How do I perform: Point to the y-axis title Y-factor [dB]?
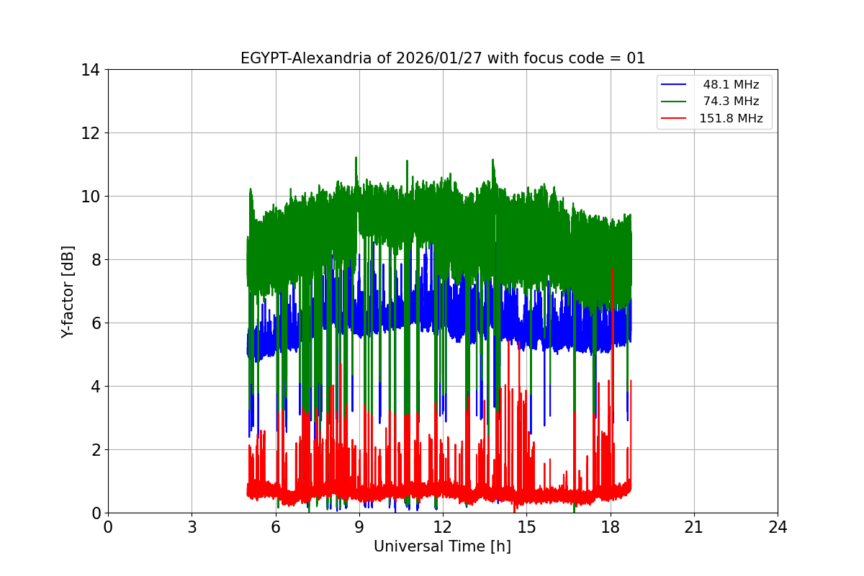[x=68, y=291]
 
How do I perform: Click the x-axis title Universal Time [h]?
[x=442, y=546]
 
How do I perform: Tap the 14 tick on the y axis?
[x=90, y=70]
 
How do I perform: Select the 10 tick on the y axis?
[x=90, y=197]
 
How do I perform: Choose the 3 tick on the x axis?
[x=192, y=528]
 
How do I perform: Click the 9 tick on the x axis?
[x=359, y=528]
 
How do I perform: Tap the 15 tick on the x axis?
[x=526, y=528]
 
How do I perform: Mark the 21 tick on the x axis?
[x=694, y=528]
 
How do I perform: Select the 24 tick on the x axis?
[x=778, y=528]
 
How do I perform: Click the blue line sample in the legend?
[x=675, y=85]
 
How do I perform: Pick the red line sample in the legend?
[x=675, y=119]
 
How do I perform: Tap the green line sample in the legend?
[x=675, y=102]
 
